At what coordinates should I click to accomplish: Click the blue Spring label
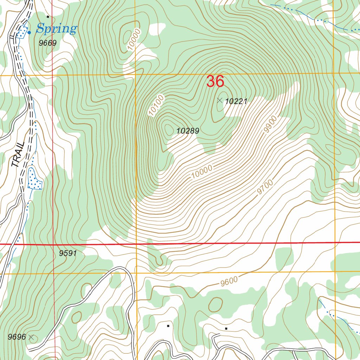coord(56,28)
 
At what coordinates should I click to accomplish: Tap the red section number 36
coord(215,82)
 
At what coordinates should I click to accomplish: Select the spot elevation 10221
coord(236,102)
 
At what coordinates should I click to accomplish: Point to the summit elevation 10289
coord(188,131)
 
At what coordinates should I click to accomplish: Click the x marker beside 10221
coord(220,101)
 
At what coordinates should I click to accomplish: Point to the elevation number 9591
coord(68,253)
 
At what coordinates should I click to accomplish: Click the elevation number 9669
coord(48,43)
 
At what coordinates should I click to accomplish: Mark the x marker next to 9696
coord(32,337)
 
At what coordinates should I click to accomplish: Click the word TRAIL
coord(18,155)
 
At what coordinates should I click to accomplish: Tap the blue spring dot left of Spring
coord(29,32)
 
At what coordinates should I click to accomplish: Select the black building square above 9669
coord(48,17)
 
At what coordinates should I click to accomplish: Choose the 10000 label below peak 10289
coord(202,172)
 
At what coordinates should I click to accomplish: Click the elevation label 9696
coord(17,337)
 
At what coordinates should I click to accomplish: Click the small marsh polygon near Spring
coord(22,32)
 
